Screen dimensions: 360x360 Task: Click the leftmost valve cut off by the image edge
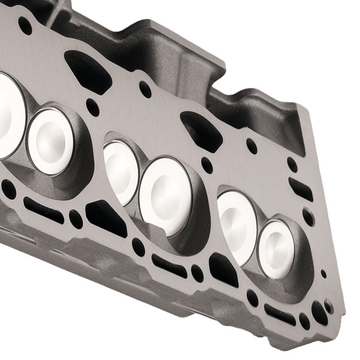[x=10, y=114]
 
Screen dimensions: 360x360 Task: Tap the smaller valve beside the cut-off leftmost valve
[x=50, y=142]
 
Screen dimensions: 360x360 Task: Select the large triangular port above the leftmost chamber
[x=88, y=71]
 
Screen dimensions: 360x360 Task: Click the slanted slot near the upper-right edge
[x=300, y=189]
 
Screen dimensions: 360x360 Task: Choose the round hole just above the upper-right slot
[x=292, y=164]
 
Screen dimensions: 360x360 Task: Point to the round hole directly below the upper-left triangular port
[x=92, y=107]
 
